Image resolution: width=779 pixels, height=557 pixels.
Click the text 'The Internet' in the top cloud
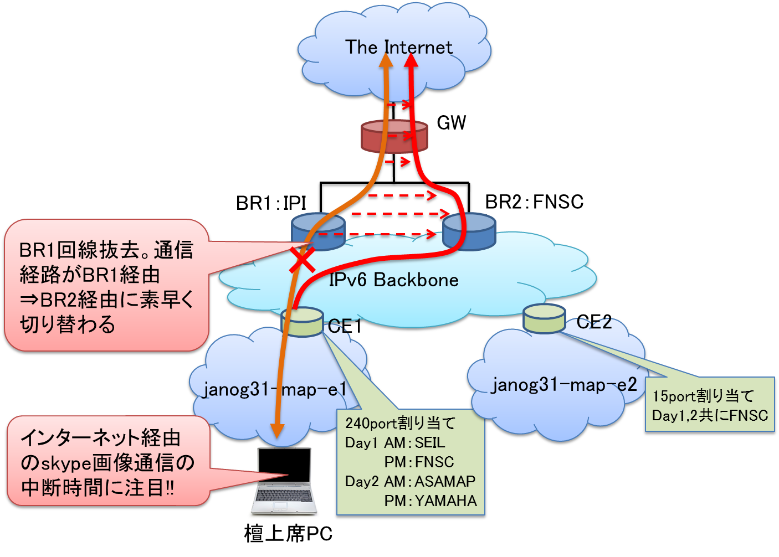point(398,48)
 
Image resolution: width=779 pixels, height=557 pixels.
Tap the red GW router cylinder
point(394,137)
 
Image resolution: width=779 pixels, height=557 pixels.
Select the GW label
point(451,122)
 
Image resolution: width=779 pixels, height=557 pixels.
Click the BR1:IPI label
point(271,203)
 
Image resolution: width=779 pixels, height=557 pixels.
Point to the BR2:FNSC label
point(534,202)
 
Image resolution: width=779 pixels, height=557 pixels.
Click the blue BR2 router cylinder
point(469,232)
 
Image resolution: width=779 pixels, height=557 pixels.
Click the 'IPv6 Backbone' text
point(393,280)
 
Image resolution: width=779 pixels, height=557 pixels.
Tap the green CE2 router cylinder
point(544,318)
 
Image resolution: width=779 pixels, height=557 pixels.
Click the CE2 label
point(594,322)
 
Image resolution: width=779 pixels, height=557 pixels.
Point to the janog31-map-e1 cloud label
point(275,390)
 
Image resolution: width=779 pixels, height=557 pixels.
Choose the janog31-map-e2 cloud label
point(564,385)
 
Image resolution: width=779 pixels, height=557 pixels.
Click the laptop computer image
point(284,481)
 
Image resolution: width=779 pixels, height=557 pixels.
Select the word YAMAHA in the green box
point(445,501)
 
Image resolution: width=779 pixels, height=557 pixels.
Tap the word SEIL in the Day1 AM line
point(429,443)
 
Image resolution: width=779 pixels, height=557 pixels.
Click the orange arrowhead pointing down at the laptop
point(277,430)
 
